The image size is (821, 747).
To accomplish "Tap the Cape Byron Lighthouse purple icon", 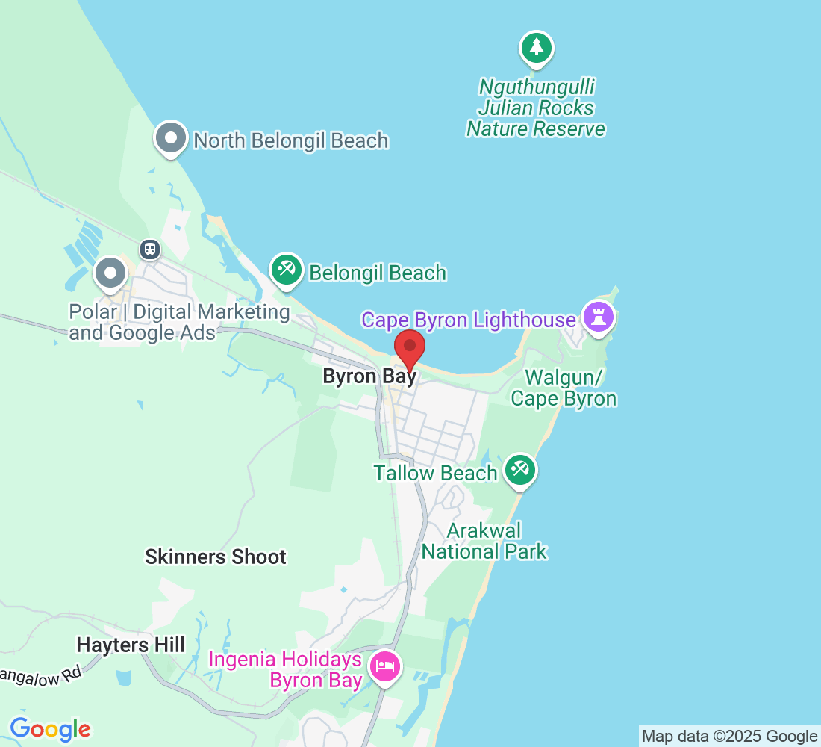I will pyautogui.click(x=599, y=316).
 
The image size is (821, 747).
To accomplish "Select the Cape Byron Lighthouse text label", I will pyautogui.click(x=469, y=320).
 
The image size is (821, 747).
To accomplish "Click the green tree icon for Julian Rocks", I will pyautogui.click(x=535, y=49).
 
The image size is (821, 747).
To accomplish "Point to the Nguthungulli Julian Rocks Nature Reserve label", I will pyautogui.click(x=536, y=108).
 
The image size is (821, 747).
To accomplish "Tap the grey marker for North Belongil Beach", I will pyautogui.click(x=172, y=139).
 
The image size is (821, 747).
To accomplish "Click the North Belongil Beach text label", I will pyautogui.click(x=291, y=140).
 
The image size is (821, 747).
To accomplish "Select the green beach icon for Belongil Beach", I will pyautogui.click(x=287, y=270).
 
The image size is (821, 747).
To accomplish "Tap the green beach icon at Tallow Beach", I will pyautogui.click(x=520, y=471).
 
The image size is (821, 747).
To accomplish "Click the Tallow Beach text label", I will pyautogui.click(x=436, y=473).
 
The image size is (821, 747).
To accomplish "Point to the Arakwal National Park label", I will pyautogui.click(x=484, y=542).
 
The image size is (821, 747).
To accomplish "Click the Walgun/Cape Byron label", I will pyautogui.click(x=564, y=388).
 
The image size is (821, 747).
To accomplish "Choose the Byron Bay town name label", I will pyautogui.click(x=369, y=376).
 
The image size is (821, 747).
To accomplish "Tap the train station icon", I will pyautogui.click(x=151, y=249).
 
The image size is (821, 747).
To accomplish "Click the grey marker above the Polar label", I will pyautogui.click(x=111, y=273).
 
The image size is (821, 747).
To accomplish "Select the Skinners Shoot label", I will pyautogui.click(x=216, y=557).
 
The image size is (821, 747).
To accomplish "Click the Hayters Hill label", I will pyautogui.click(x=131, y=645).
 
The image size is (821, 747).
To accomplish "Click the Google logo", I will pyautogui.click(x=50, y=729).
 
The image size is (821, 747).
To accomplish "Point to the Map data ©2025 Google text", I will pyautogui.click(x=729, y=737).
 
